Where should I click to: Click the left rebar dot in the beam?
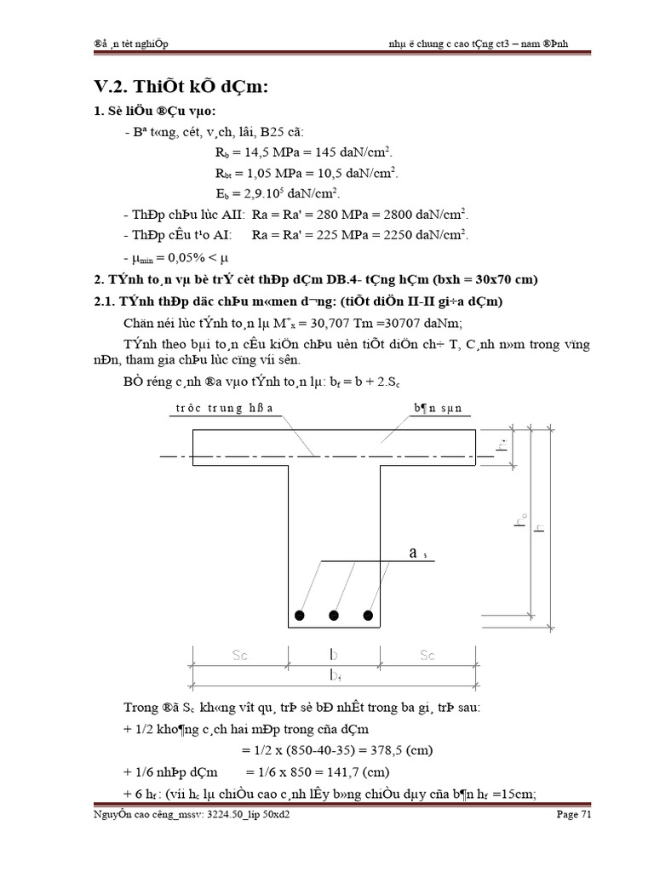tap(298, 615)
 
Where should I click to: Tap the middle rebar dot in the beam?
tap(334, 615)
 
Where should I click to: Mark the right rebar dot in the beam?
tap(369, 615)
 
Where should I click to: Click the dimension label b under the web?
tap(334, 657)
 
